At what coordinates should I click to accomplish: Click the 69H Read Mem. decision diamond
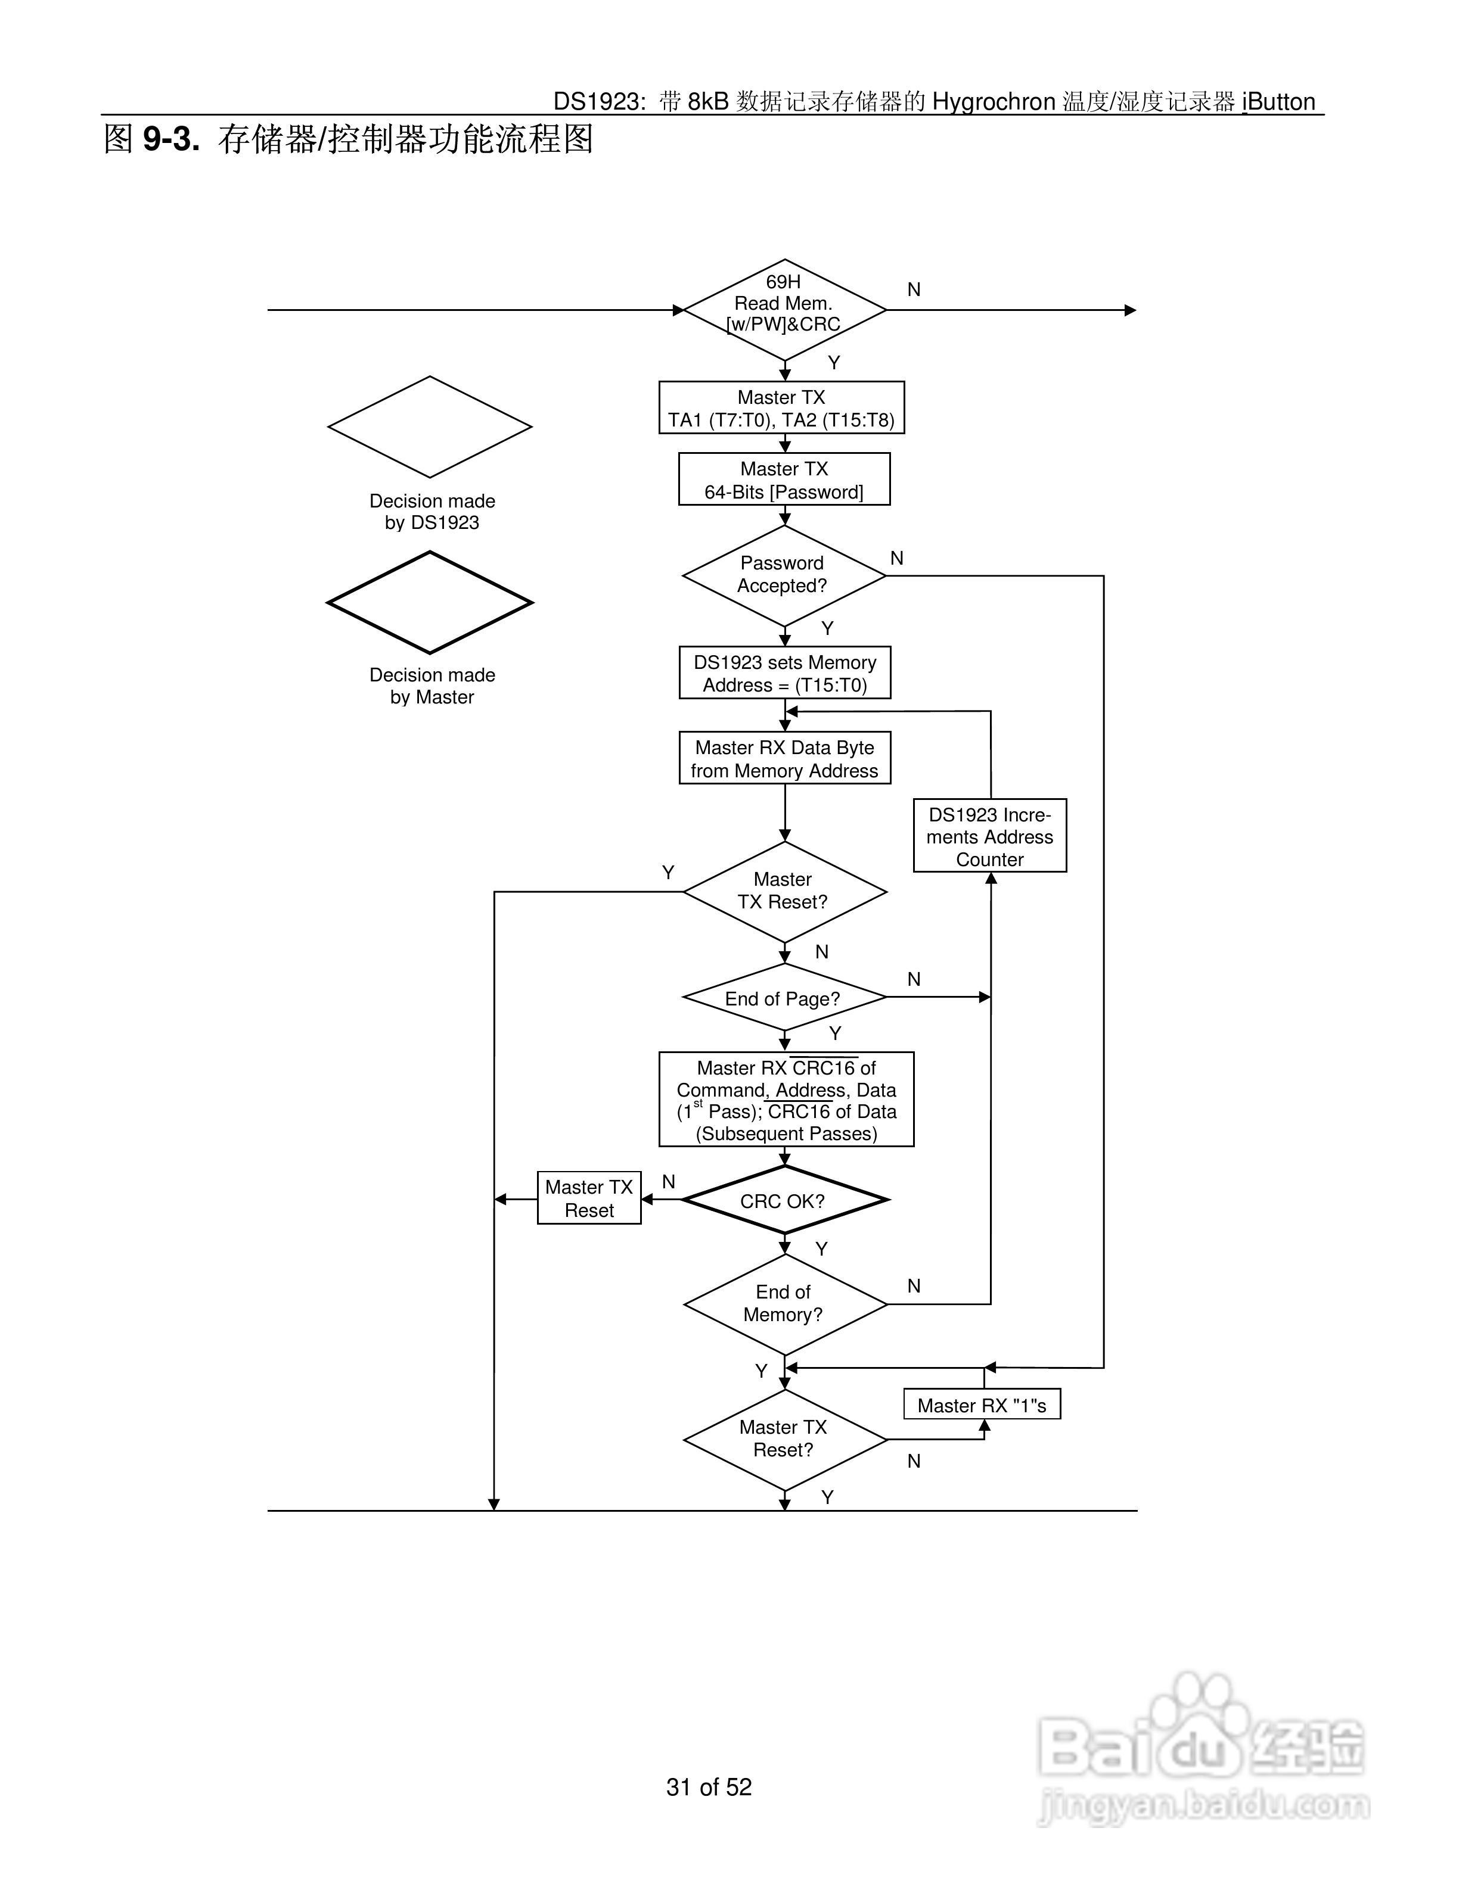pyautogui.click(x=785, y=309)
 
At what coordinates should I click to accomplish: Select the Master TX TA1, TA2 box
pyautogui.click(x=781, y=408)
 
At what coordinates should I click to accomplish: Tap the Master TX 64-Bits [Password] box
pyautogui.click(x=784, y=479)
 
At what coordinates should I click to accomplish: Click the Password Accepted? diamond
pyautogui.click(x=784, y=575)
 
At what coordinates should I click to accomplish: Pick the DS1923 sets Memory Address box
pyautogui.click(x=785, y=673)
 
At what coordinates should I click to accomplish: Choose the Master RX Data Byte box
pyautogui.click(x=785, y=759)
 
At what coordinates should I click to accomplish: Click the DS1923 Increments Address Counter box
pyautogui.click(x=990, y=836)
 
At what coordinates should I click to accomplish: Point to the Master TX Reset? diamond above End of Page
pyautogui.click(x=785, y=892)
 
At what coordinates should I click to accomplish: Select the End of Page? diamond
pyautogui.click(x=785, y=998)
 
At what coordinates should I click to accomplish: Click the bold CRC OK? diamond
pyautogui.click(x=785, y=1200)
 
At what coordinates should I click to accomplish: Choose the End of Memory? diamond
pyautogui.click(x=785, y=1304)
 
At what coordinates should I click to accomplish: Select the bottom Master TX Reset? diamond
pyautogui.click(x=785, y=1440)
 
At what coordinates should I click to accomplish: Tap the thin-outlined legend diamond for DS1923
pyautogui.click(x=430, y=427)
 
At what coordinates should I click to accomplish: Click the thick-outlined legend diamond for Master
pyautogui.click(x=430, y=603)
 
